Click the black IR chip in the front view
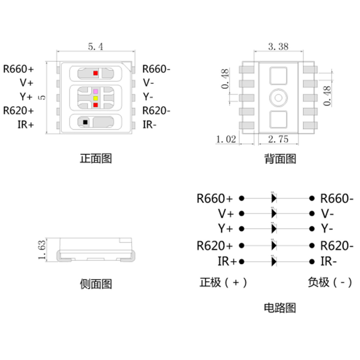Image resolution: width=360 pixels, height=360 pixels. (85, 122)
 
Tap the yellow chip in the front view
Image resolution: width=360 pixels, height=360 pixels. (95, 98)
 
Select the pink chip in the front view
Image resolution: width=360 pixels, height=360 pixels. (95, 91)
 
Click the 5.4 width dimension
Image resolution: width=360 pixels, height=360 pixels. (95, 46)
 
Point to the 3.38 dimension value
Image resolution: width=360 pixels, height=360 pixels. (278, 46)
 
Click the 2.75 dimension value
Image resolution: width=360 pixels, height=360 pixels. (278, 139)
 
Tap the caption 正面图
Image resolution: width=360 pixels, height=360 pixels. (96, 158)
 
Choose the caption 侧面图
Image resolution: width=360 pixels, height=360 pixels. (96, 284)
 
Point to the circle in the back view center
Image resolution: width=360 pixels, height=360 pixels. (278, 98)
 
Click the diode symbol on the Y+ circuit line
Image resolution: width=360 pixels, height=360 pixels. (274, 229)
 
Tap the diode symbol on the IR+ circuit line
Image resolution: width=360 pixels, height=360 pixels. (274, 261)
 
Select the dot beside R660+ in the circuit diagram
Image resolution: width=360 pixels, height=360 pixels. (242, 198)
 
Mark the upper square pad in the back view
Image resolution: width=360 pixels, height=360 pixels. (278, 76)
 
